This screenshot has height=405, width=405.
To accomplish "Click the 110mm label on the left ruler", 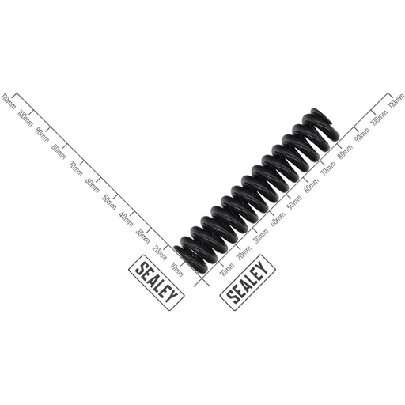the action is [x=9, y=101].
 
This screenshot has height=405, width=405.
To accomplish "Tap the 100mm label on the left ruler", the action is [x=25, y=117].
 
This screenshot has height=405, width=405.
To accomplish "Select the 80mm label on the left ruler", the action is [x=59, y=152].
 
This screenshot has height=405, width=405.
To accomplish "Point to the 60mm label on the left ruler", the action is [x=93, y=186].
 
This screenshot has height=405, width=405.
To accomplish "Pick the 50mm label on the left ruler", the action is [x=109, y=202].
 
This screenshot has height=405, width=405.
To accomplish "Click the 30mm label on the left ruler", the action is [x=143, y=237].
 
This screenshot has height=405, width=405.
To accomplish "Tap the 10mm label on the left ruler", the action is [x=177, y=270].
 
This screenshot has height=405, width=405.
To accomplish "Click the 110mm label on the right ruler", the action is [x=396, y=101].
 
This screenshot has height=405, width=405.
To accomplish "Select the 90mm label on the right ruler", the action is [x=362, y=135].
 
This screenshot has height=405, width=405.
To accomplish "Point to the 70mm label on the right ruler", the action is [x=328, y=168].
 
